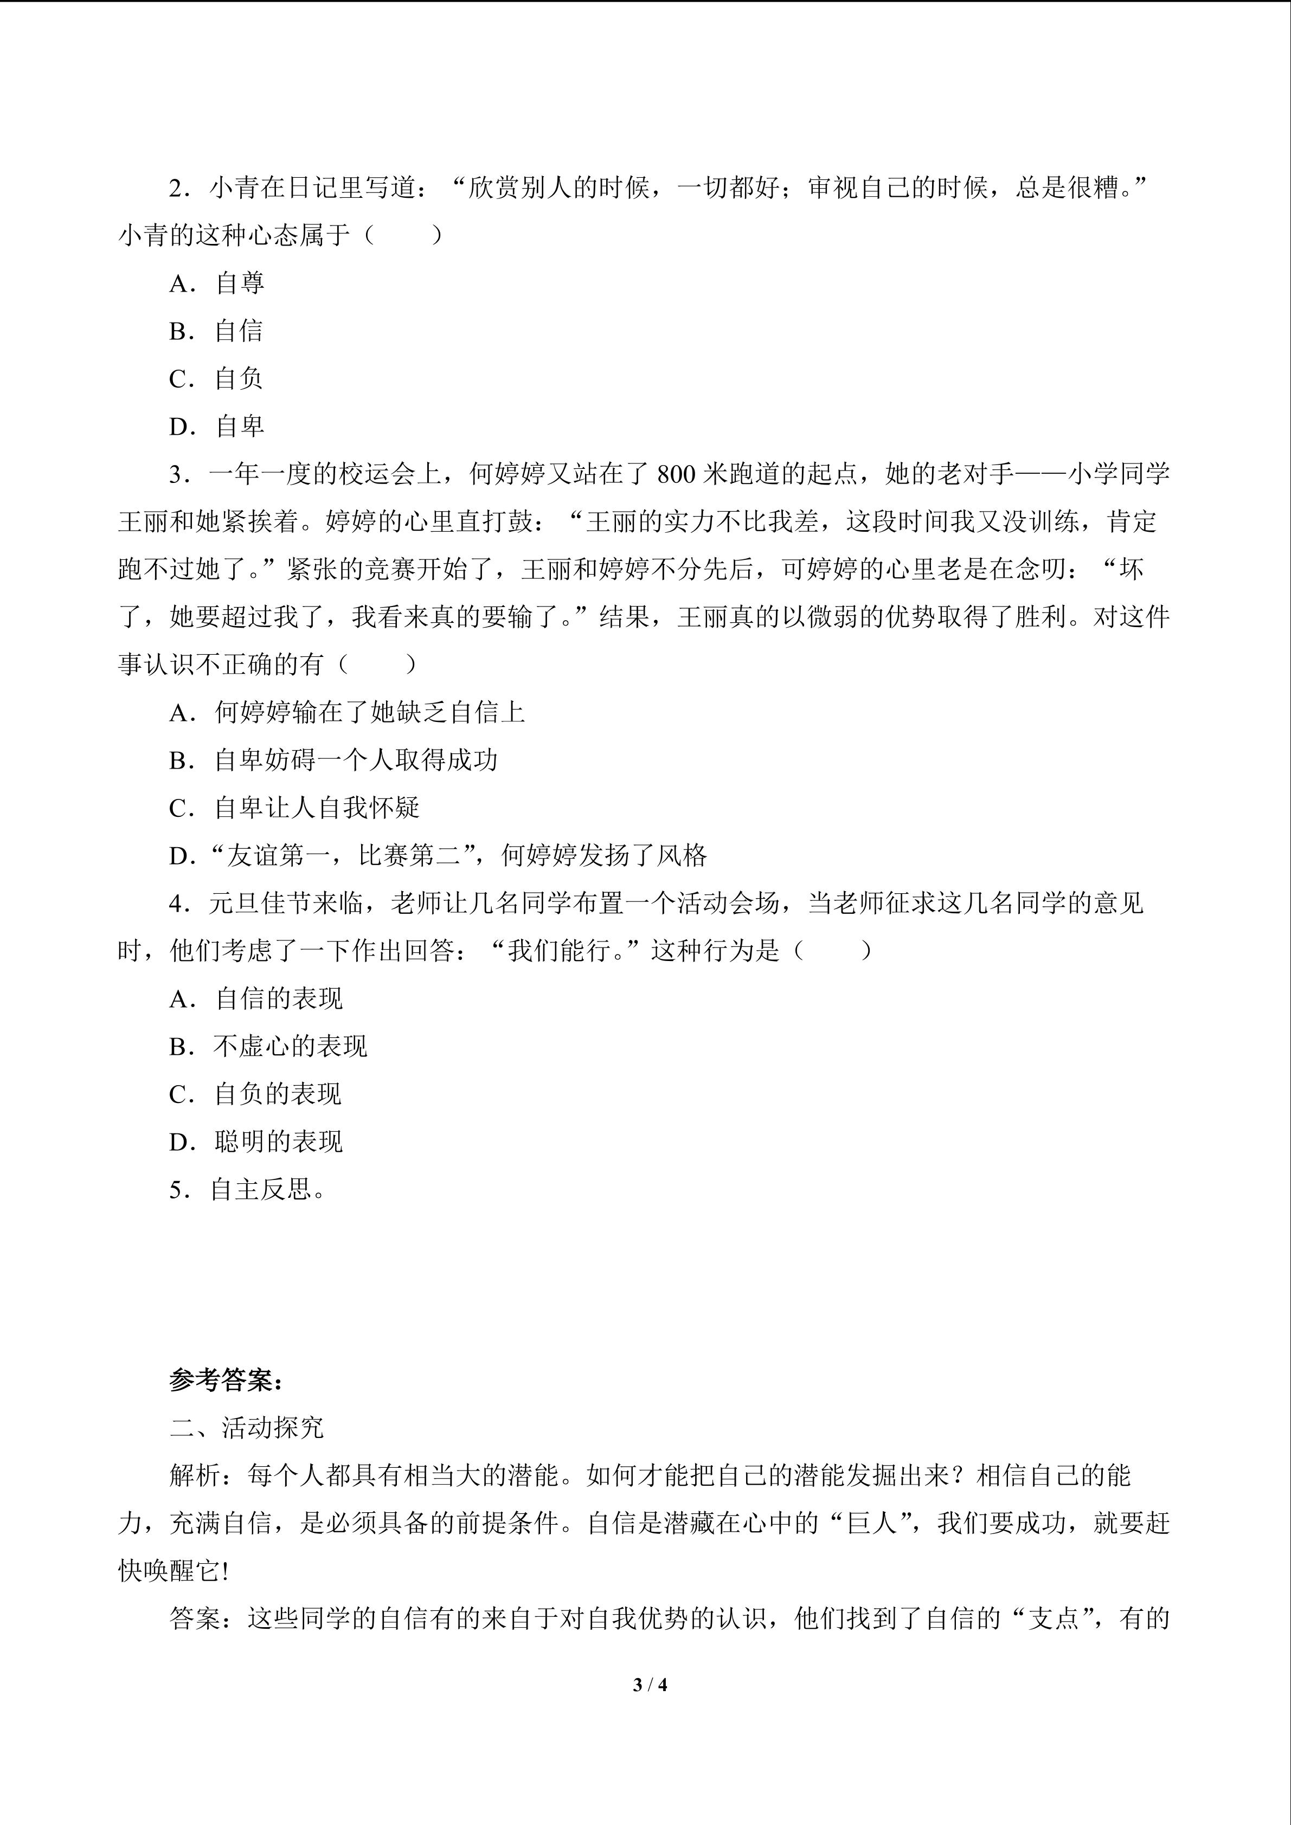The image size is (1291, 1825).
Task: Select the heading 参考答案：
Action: (x=227, y=1381)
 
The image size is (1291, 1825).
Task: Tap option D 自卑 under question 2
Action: (x=216, y=427)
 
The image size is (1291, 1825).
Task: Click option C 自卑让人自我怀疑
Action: (x=294, y=808)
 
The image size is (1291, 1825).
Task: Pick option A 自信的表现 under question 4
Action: (x=256, y=999)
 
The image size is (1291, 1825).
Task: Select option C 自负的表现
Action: (x=256, y=1094)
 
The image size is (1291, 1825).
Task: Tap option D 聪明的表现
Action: (x=256, y=1142)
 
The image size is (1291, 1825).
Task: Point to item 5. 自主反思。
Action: (x=248, y=1190)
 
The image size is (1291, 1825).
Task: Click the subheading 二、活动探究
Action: (x=247, y=1428)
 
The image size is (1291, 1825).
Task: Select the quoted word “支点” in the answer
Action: (x=1054, y=1619)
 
